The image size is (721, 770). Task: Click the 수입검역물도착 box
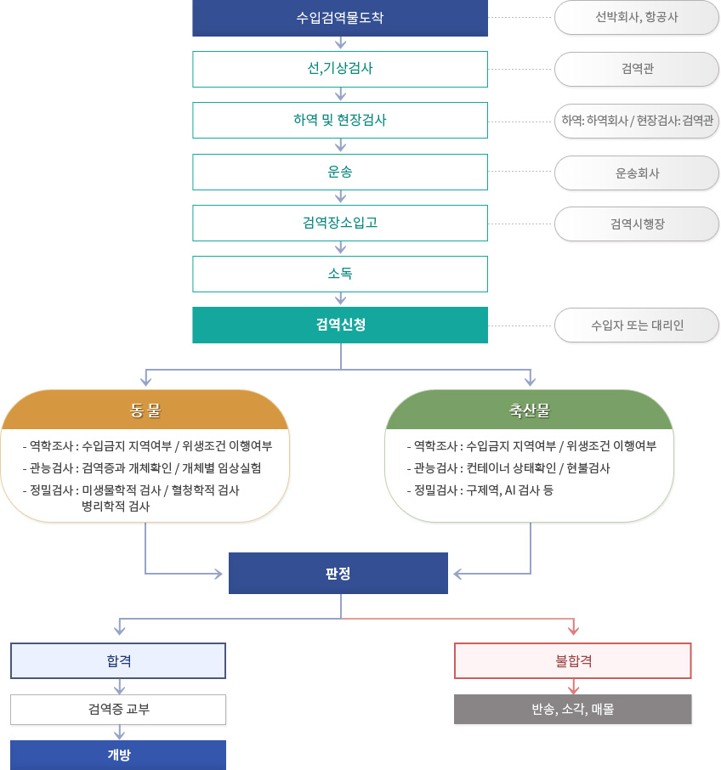click(340, 18)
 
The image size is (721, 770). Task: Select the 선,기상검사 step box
click(340, 69)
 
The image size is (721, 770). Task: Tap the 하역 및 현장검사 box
click(340, 121)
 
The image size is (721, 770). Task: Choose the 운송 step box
click(340, 172)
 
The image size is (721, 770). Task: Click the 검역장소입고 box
click(340, 223)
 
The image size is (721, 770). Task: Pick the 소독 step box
click(340, 274)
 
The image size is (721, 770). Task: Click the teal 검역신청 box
click(340, 326)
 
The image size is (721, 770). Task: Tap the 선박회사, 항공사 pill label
click(637, 18)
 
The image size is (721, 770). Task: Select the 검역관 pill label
click(637, 69)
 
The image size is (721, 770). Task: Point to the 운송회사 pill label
click(637, 173)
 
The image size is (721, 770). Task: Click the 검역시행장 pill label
click(637, 224)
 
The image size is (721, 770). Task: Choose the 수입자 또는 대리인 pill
click(637, 326)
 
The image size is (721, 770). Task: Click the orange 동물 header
click(145, 410)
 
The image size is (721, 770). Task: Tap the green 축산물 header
click(530, 410)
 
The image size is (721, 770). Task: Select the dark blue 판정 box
click(338, 573)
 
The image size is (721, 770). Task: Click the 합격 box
click(118, 661)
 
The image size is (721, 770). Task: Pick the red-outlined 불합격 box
click(573, 661)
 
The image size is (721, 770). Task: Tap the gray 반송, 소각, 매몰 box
click(573, 709)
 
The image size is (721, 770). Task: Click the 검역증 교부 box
click(118, 710)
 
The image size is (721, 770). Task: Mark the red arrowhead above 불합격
click(573, 630)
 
